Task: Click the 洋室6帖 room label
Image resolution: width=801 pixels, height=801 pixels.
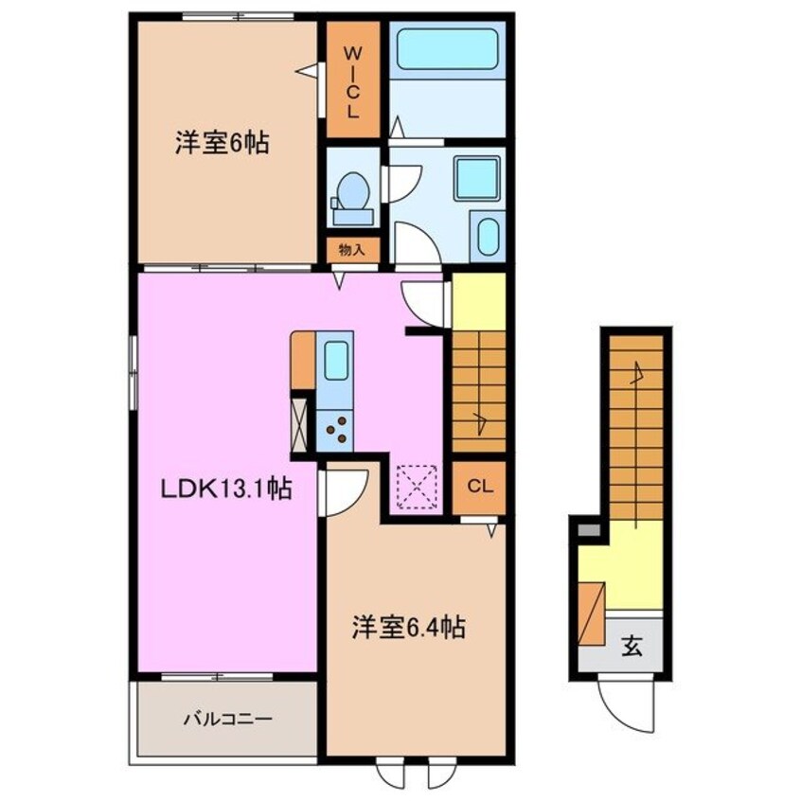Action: [x=221, y=144]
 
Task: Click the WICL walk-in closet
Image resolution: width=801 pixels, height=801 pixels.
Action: [x=351, y=80]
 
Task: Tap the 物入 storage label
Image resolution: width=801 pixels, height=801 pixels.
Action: [x=352, y=250]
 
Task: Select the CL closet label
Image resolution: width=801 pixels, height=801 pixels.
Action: [x=479, y=488]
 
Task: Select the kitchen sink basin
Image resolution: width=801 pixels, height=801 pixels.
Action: [x=336, y=361]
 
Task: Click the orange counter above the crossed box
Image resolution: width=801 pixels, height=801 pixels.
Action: [x=303, y=360]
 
